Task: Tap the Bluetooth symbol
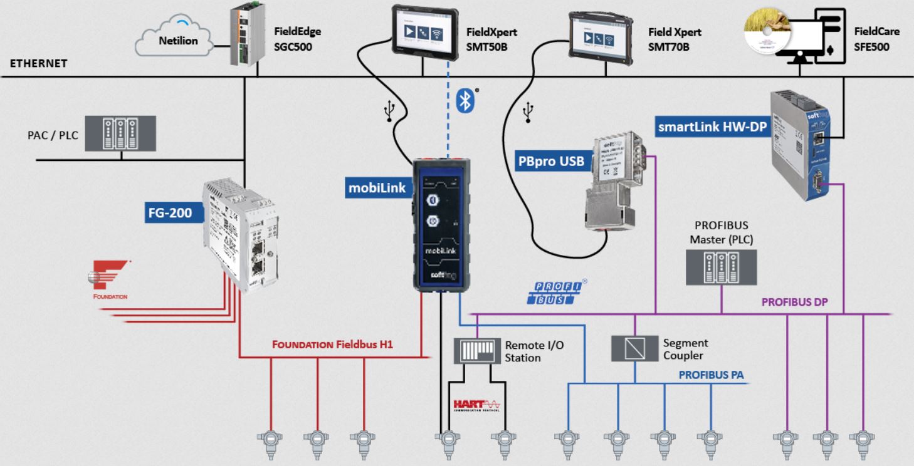[x=465, y=100]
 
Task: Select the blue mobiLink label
[x=377, y=187]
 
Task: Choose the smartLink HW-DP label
[x=712, y=127]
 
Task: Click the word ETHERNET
[x=38, y=63]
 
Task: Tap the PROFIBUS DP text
[x=794, y=302]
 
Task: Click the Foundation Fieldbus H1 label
[x=332, y=344]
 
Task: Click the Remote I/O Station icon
[x=477, y=351]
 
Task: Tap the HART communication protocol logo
[x=476, y=405]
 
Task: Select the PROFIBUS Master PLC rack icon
[x=721, y=267]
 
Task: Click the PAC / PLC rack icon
[x=120, y=133]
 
